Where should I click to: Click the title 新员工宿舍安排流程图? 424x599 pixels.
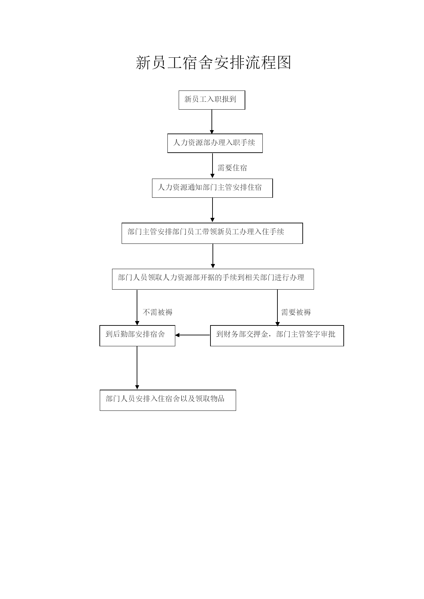pyautogui.click(x=213, y=63)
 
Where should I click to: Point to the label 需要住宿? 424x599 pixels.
pyautogui.click(x=232, y=168)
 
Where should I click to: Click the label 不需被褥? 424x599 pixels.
pyautogui.click(x=158, y=312)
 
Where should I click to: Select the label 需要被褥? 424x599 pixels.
pyautogui.click(x=296, y=312)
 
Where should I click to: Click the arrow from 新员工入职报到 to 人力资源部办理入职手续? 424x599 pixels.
pyautogui.click(x=212, y=122)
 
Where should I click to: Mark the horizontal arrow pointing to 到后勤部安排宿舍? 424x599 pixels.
pyautogui.click(x=193, y=335)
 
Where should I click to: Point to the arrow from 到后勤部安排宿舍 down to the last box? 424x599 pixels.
pyautogui.click(x=137, y=368)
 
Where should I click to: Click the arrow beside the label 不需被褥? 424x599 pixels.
pyautogui.click(x=137, y=307)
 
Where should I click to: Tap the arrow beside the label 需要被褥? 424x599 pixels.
pyautogui.click(x=277, y=308)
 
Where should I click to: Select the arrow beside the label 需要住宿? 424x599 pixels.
pyautogui.click(x=213, y=165)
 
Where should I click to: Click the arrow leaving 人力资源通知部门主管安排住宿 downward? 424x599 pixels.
pyautogui.click(x=213, y=210)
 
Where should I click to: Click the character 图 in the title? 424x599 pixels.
pyautogui.click(x=284, y=63)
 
